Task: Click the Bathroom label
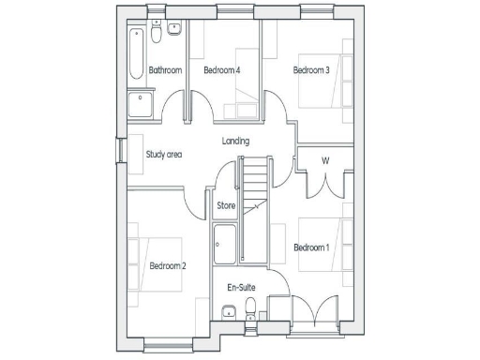click(164, 70)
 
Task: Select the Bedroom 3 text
click(311, 70)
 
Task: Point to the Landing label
click(235, 142)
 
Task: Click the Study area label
click(163, 155)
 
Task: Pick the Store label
click(226, 205)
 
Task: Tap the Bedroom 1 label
click(311, 247)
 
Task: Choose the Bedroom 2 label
click(168, 266)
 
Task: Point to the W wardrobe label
click(325, 160)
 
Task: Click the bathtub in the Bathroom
click(137, 52)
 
